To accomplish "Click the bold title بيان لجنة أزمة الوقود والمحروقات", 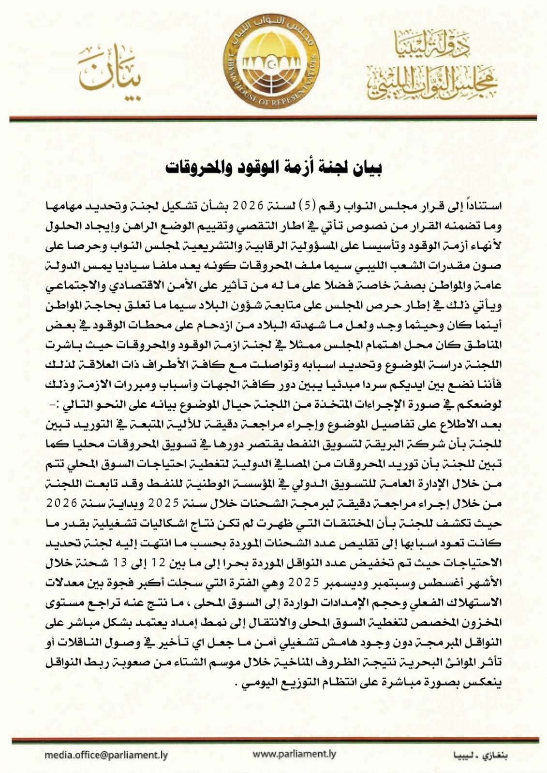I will coord(273,168).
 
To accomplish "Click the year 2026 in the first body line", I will coord(248,206).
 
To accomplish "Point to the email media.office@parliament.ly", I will coord(106,755).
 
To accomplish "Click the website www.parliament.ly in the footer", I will coord(294,754).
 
